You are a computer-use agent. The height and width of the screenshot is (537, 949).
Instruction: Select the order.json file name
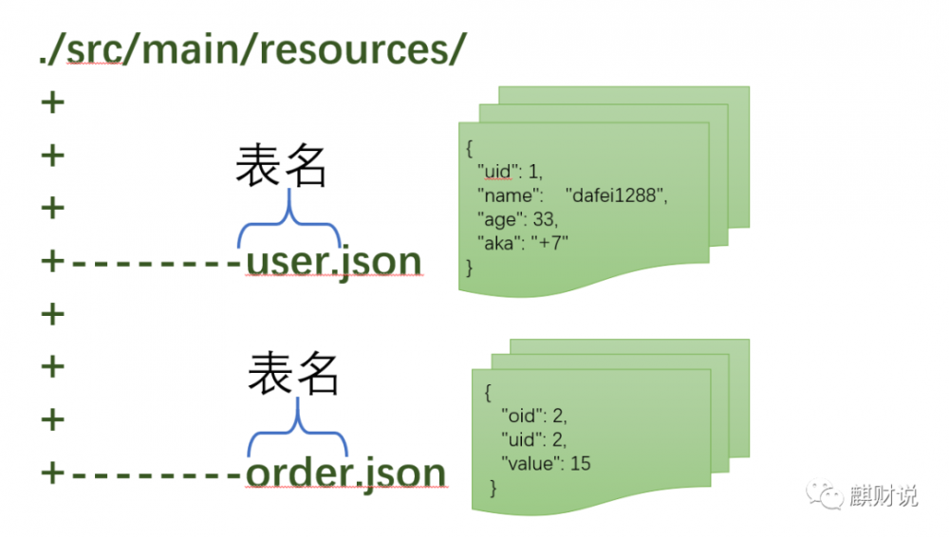point(345,472)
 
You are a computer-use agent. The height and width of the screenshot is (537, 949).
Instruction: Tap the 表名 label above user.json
point(281,167)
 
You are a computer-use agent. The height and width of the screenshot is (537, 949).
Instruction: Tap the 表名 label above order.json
point(293,374)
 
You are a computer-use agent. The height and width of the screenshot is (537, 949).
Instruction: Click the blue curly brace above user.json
point(288,224)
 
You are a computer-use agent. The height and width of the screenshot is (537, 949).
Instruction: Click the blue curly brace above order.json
point(298,433)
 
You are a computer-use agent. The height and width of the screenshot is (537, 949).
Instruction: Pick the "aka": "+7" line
point(522,243)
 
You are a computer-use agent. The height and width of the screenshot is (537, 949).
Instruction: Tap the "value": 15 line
point(546,463)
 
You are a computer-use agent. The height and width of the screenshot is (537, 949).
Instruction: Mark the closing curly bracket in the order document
point(493,487)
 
